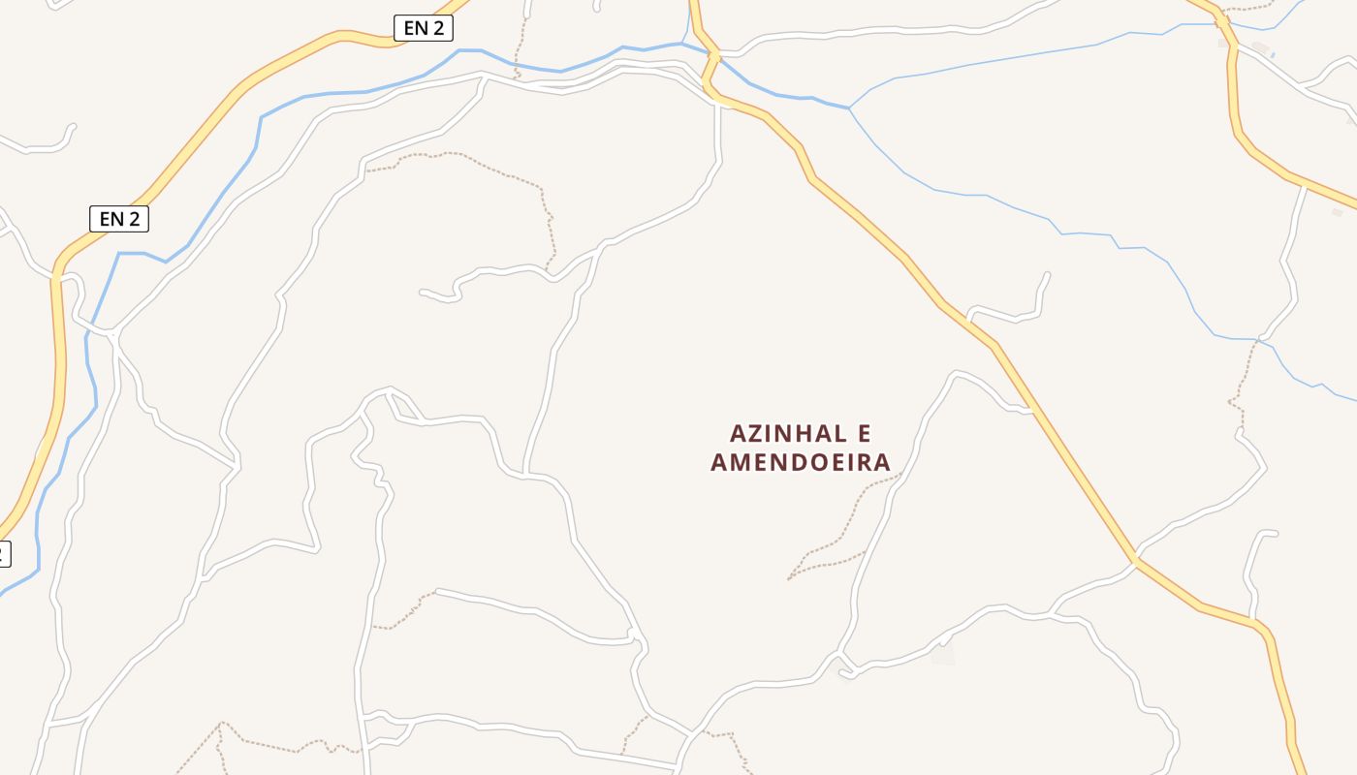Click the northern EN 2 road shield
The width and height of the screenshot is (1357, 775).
(424, 28)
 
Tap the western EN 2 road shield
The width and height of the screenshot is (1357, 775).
(119, 219)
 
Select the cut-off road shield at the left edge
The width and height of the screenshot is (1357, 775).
(4, 554)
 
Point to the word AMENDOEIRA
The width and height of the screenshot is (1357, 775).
(801, 462)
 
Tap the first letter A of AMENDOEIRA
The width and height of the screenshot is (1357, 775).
(719, 462)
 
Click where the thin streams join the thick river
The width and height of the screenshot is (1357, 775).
(849, 108)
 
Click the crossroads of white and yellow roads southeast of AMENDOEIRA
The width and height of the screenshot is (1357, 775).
(1134, 560)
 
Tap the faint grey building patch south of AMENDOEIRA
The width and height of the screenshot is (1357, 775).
(942, 655)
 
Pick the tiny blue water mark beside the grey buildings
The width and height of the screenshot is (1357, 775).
(1272, 55)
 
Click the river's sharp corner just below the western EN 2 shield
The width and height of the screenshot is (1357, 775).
(119, 254)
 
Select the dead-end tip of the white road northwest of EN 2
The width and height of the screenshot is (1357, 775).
(73, 125)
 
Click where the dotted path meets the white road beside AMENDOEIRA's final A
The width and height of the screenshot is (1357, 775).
(901, 474)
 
